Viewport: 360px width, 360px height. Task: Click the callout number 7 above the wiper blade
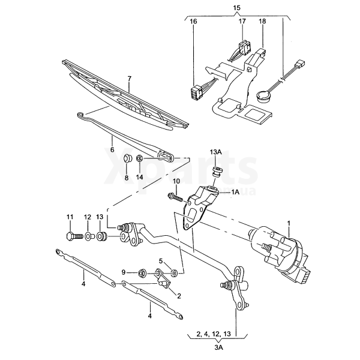click(130, 79)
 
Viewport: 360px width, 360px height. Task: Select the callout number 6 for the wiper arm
click(112, 150)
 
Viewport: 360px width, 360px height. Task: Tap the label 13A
click(215, 152)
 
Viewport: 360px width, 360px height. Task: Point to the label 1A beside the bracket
click(235, 192)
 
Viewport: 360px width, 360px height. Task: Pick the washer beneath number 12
click(88, 237)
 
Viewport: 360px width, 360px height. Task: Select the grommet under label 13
click(101, 236)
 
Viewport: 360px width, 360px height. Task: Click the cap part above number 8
click(127, 158)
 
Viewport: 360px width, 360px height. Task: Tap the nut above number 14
click(140, 158)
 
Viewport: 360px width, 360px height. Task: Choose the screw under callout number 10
click(176, 197)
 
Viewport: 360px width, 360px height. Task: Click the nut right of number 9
click(141, 274)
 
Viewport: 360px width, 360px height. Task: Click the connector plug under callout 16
click(197, 92)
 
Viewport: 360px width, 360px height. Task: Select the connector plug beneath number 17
click(245, 47)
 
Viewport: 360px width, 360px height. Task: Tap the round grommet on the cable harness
click(263, 95)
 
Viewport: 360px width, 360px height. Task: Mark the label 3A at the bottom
click(218, 347)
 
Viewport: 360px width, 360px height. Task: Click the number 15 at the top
click(237, 8)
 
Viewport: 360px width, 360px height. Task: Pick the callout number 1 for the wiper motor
click(289, 223)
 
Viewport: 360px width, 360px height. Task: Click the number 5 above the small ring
click(161, 261)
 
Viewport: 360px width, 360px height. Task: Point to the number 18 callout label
click(262, 22)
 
